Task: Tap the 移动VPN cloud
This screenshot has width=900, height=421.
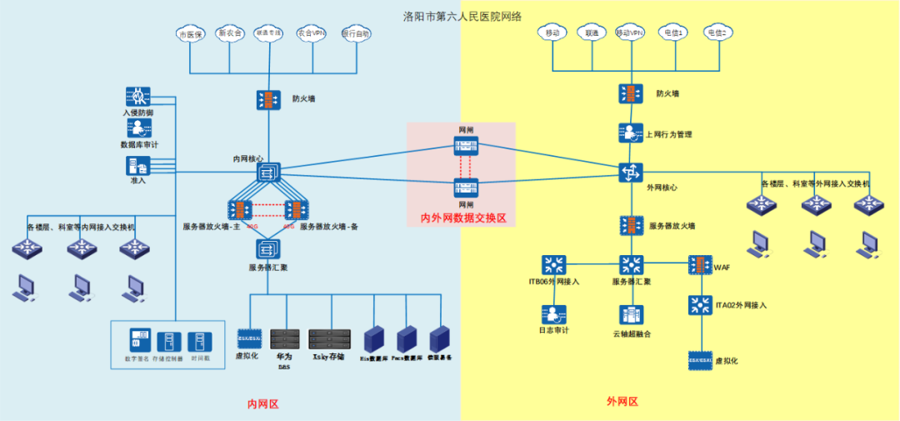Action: coord(630,33)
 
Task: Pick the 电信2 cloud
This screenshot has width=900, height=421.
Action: coord(717,33)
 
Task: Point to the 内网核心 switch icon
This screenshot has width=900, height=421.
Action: coord(268,173)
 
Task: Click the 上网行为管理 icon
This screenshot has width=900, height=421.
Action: coord(630,133)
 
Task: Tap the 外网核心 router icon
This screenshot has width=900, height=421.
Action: coord(630,172)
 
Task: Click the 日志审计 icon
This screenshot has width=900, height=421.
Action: coord(553,314)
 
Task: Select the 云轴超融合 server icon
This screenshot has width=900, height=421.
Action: coord(630,315)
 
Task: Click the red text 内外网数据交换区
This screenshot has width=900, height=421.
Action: coord(462,218)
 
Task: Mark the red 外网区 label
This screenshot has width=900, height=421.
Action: coord(622,401)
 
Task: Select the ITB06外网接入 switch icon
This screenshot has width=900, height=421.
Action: coord(553,265)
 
